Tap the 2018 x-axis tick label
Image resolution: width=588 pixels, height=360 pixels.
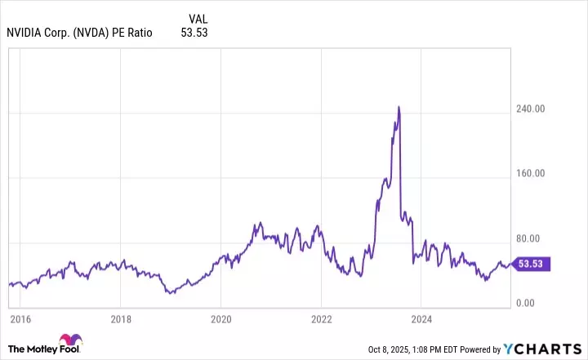point(121,319)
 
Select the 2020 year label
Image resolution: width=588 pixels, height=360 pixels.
point(221,319)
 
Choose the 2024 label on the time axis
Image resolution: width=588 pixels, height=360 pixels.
point(422,319)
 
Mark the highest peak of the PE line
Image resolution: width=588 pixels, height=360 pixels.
point(398,106)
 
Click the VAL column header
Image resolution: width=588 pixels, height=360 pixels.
point(198,18)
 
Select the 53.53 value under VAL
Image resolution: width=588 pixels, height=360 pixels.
point(194,33)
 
